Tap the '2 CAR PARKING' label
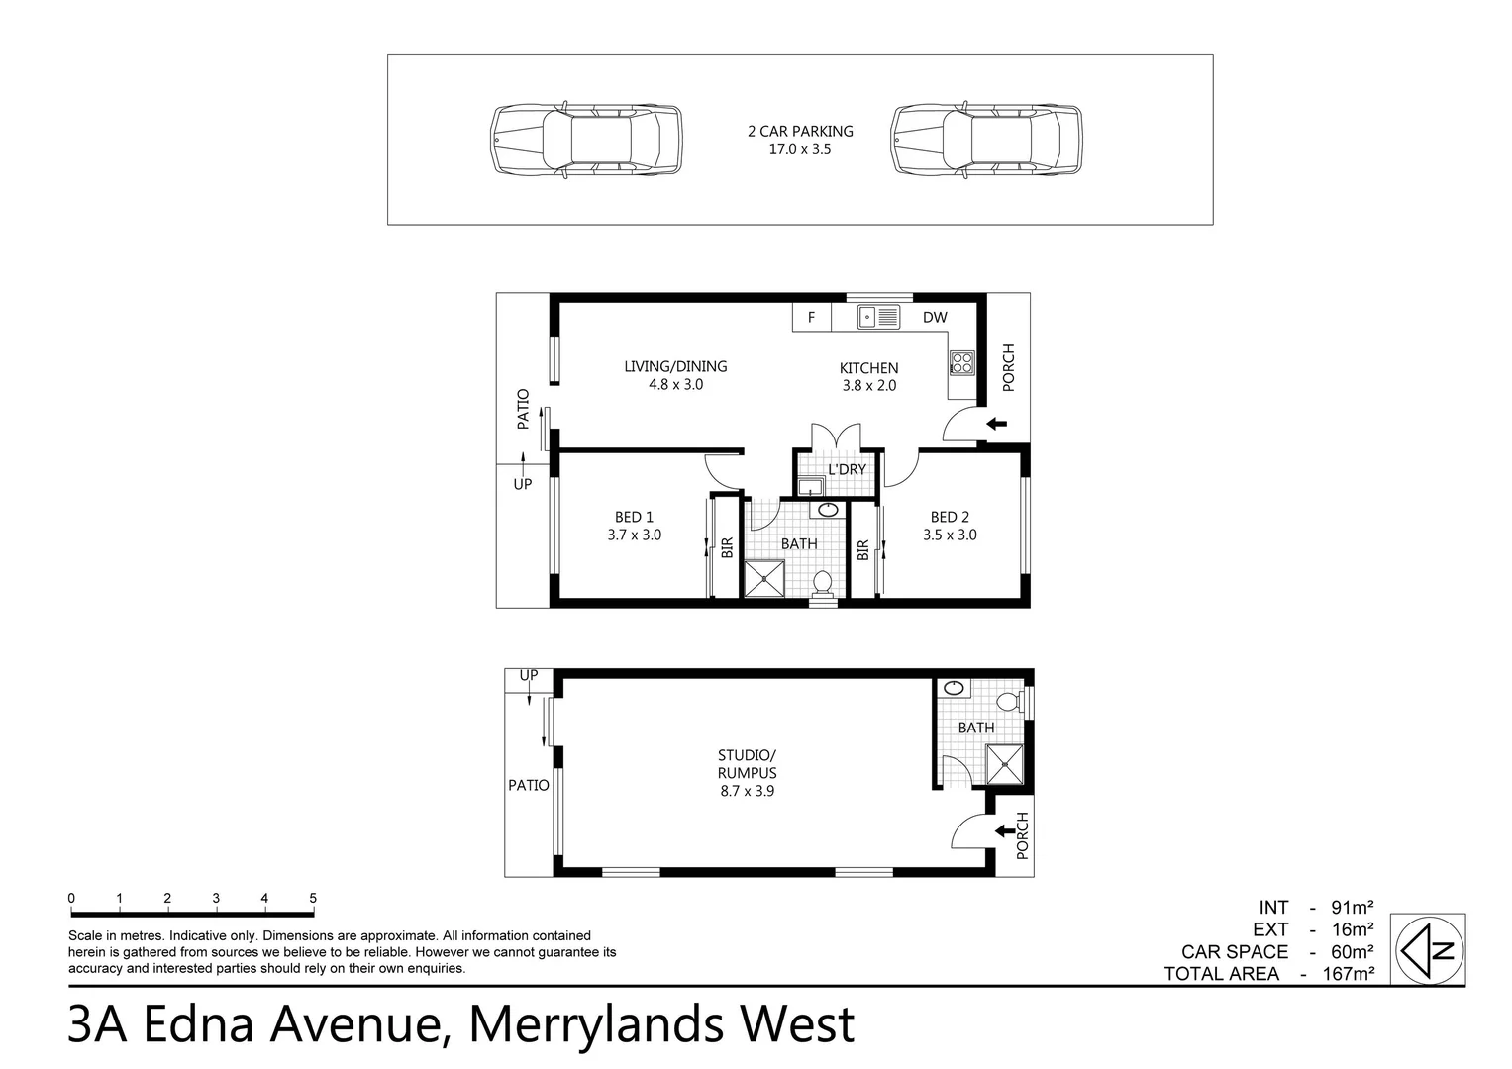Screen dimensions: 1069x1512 coord(799,131)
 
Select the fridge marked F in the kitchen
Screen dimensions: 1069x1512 coord(811,318)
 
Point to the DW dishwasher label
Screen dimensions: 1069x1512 coord(935,318)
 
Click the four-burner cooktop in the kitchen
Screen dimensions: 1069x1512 coord(961,363)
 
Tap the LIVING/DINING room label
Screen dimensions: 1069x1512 coord(675,366)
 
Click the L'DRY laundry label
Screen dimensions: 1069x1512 coord(847,469)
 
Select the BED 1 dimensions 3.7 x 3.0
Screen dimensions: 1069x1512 coord(634,535)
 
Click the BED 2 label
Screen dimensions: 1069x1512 coord(950,517)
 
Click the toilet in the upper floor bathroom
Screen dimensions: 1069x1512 coord(822,584)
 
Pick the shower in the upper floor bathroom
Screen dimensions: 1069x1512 coord(763,579)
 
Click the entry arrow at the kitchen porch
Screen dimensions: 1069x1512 coord(996,425)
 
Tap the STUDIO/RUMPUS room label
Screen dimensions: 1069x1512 coord(747,764)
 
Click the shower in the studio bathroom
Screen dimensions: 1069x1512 coord(1004,764)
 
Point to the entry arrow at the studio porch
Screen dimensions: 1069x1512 coord(1004,830)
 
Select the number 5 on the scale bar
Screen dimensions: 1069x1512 coord(313,899)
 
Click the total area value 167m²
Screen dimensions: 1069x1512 coord(1348,974)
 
